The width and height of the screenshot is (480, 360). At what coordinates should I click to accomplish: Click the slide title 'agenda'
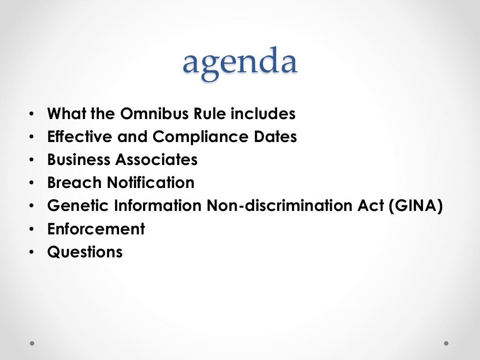point(240,63)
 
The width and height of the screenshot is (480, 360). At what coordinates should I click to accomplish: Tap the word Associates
point(157,160)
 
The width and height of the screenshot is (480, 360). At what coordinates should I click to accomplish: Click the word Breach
point(75,183)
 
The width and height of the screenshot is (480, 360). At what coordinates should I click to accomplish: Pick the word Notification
point(150,183)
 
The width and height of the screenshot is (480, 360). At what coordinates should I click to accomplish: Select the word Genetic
point(75,206)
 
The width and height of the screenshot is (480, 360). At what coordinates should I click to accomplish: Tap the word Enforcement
point(96,229)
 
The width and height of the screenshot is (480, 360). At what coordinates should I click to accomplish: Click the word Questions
point(85,252)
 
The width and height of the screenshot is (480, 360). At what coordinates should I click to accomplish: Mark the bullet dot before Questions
point(31,253)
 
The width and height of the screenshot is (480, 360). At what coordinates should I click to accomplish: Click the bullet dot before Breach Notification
point(31,183)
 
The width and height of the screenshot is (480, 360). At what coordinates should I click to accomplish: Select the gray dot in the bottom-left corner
point(32,343)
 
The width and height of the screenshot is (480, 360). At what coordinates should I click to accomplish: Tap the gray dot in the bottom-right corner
point(446,343)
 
